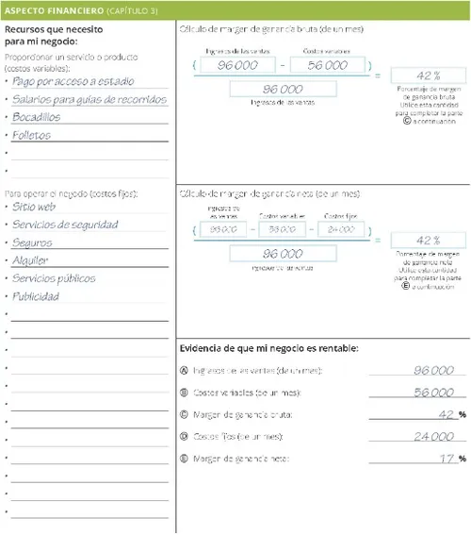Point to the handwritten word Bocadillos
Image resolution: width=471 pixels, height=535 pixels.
point(37,117)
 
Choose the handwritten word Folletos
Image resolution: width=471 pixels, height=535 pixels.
point(32,135)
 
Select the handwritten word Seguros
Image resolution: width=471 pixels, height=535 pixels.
point(33,242)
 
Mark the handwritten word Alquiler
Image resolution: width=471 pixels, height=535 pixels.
point(31,260)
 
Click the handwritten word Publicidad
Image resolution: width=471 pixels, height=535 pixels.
point(36,296)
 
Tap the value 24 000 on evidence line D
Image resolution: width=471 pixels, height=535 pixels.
point(433,437)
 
